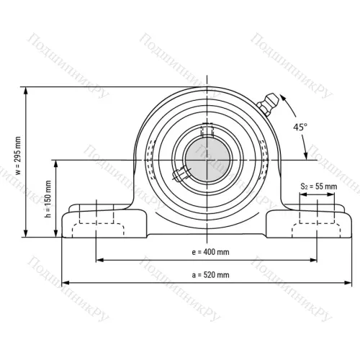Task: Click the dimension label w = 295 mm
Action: point(18,156)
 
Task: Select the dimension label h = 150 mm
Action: point(48,199)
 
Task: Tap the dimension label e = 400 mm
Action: point(210,252)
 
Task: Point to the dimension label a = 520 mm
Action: point(210,275)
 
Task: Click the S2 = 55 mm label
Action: point(319,186)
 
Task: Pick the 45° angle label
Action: point(300,127)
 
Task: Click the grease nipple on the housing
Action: point(268,104)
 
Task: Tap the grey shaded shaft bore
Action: point(207,160)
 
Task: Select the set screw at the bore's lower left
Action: point(181,174)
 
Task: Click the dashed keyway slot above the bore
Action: point(207,130)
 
